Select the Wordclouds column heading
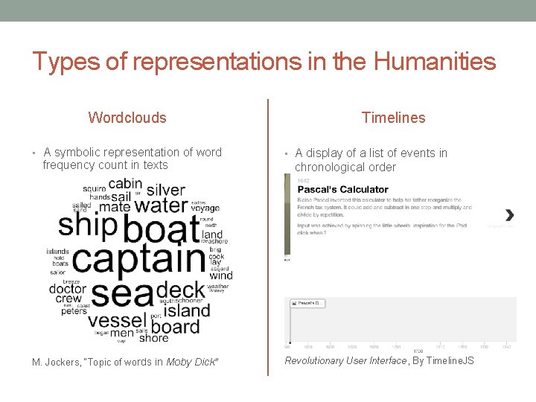(x=127, y=118)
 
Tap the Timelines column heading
(x=393, y=118)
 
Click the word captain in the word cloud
(x=139, y=258)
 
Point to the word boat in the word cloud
(x=162, y=229)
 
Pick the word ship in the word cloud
(x=88, y=225)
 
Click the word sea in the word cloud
(x=121, y=294)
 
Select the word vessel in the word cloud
(x=118, y=322)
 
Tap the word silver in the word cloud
(x=166, y=191)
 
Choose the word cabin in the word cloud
(x=125, y=184)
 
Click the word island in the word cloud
(x=187, y=310)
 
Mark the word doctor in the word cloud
(x=68, y=289)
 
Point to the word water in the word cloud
(x=162, y=205)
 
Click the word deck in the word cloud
(x=180, y=290)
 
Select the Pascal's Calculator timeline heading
(x=342, y=189)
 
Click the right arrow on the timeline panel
(x=509, y=215)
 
